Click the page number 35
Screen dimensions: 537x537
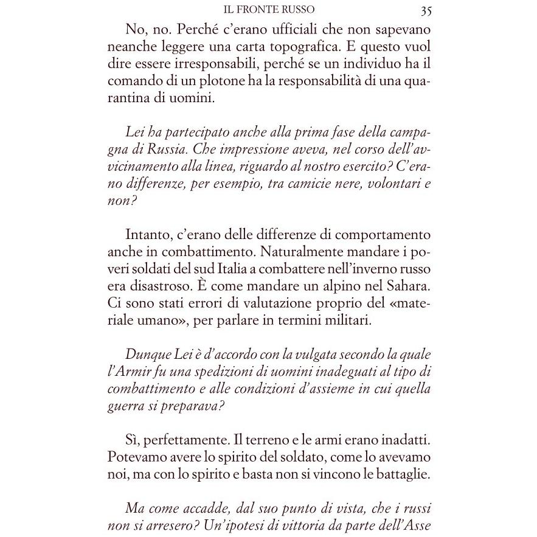(x=426, y=10)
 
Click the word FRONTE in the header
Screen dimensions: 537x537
(x=267, y=10)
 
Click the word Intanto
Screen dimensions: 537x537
(x=147, y=234)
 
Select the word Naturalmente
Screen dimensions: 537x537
(x=277, y=252)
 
